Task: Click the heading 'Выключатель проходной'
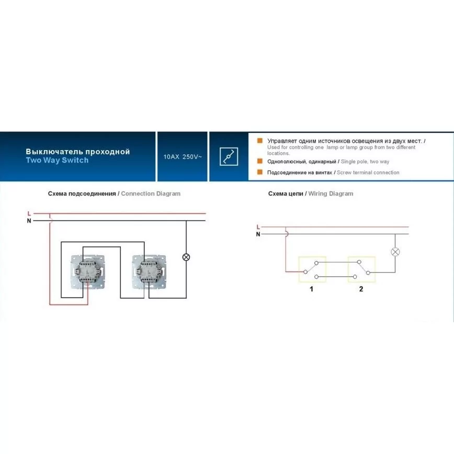coord(77,152)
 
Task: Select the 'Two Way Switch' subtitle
coord(57,160)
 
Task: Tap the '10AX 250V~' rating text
coord(183,156)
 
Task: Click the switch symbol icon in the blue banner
coord(229,156)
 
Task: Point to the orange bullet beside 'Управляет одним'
coord(260,140)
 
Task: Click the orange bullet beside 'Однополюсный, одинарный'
coord(260,161)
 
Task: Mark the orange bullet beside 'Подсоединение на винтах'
coord(260,172)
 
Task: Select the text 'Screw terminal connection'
coord(368,173)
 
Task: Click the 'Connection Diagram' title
coord(151,194)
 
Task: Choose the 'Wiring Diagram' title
coord(331,194)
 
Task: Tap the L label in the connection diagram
coord(29,214)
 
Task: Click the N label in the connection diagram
coord(29,221)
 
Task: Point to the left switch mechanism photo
coord(88,272)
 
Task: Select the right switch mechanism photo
coord(149,272)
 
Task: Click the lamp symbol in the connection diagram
coord(186,257)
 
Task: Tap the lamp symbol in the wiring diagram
coord(395,252)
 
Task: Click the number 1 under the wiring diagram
coord(312,289)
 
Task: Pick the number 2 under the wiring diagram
coord(361,289)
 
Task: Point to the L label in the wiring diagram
coord(258,227)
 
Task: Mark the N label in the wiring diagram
coord(258,234)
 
